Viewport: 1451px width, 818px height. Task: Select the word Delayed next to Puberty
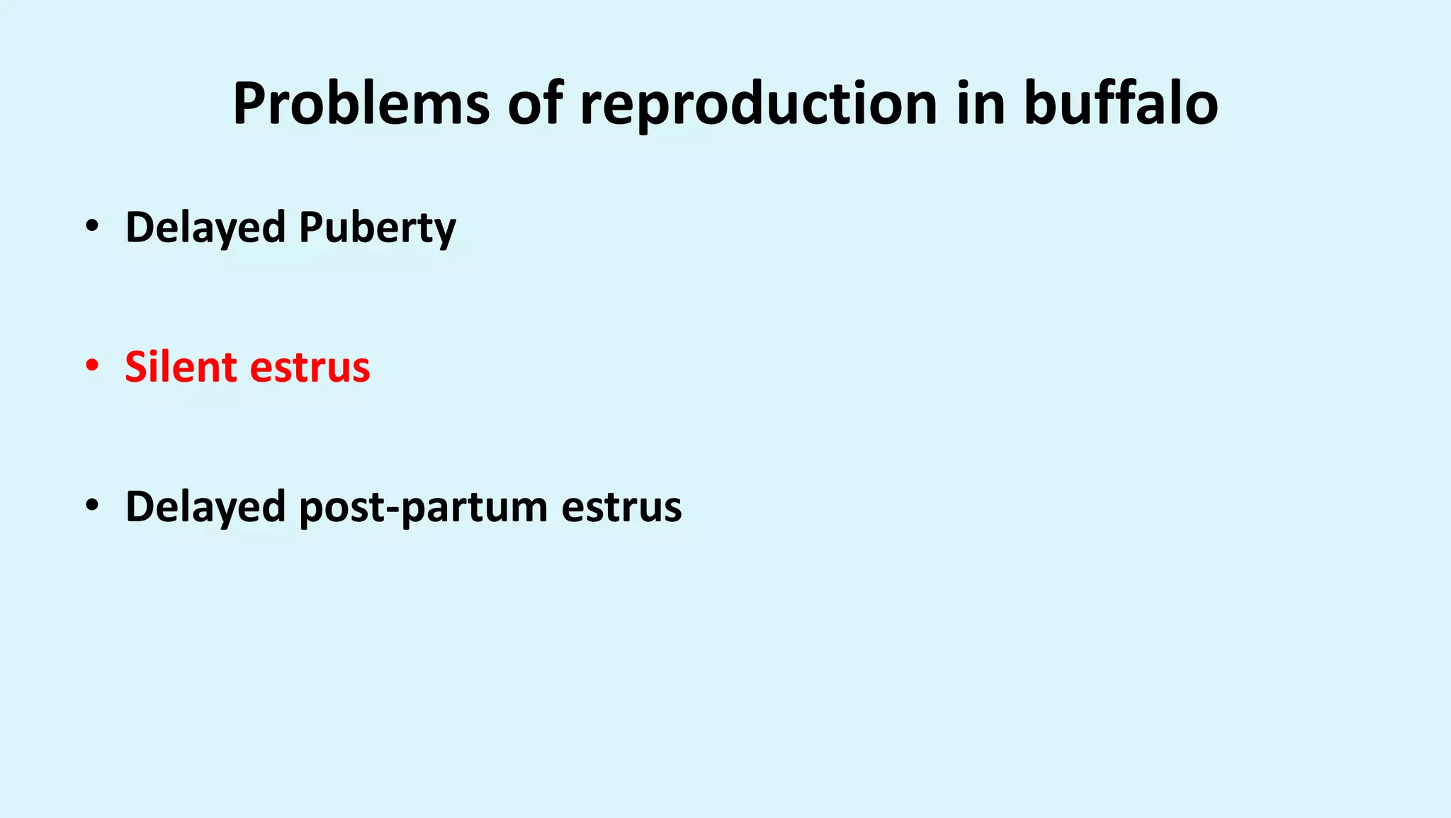205,228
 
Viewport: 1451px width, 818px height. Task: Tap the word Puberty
377,228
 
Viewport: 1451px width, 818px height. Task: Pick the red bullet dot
91,366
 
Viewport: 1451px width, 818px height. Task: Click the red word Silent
181,367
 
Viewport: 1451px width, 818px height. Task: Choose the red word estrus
310,367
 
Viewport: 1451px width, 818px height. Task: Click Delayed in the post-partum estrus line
205,507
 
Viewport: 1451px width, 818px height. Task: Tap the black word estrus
621,507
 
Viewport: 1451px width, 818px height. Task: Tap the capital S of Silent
137,367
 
